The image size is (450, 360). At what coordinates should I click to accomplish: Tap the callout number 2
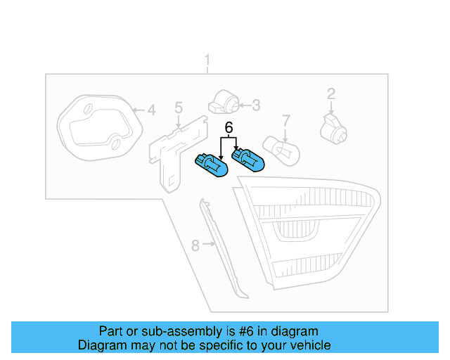(330, 94)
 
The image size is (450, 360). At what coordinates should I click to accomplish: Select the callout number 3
(256, 105)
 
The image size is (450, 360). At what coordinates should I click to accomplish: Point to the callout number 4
(150, 110)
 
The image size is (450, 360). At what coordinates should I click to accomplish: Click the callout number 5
(179, 108)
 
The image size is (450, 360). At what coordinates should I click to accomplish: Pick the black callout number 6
(228, 127)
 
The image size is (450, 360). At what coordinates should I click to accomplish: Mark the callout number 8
(195, 245)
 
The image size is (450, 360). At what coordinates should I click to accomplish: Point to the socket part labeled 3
(225, 103)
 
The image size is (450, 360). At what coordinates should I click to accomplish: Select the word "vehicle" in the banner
(309, 345)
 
